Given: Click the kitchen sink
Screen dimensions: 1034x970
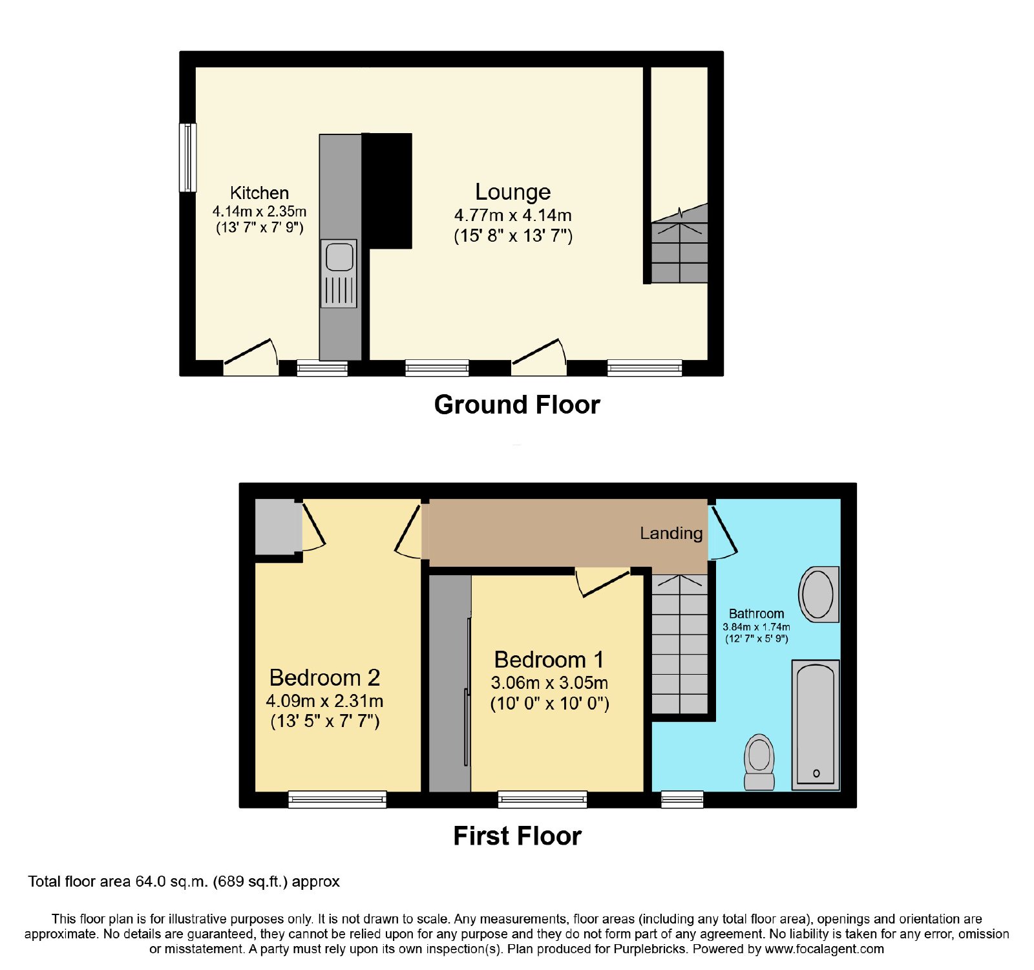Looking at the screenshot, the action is [x=339, y=273].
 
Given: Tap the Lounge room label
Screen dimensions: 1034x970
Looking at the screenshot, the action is [x=513, y=192].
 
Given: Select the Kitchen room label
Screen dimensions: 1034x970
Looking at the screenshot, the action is [x=259, y=193].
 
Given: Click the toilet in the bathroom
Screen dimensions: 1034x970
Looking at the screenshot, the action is [x=759, y=762].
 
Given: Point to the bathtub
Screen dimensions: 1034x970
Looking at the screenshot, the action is [x=816, y=724].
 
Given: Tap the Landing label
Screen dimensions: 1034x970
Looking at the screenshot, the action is [x=671, y=533].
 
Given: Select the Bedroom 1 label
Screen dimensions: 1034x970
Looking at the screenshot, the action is [x=549, y=660].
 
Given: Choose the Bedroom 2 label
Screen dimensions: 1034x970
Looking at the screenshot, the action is [x=324, y=677].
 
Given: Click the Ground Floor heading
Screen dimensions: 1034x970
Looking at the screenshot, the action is [x=517, y=405].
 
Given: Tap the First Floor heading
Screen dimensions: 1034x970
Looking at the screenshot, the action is [x=517, y=836].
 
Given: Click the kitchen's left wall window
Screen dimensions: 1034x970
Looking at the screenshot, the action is [x=187, y=158].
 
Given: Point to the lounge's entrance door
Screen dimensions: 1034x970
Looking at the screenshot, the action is [x=539, y=357].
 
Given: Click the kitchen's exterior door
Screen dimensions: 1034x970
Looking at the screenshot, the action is [x=251, y=357].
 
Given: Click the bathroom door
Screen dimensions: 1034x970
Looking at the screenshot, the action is [x=723, y=532].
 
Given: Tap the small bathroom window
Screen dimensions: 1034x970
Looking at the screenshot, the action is [x=682, y=799].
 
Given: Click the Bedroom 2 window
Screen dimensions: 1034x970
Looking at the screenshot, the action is [x=337, y=799].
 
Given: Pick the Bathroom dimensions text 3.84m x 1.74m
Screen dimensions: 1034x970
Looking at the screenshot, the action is [x=756, y=627].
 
